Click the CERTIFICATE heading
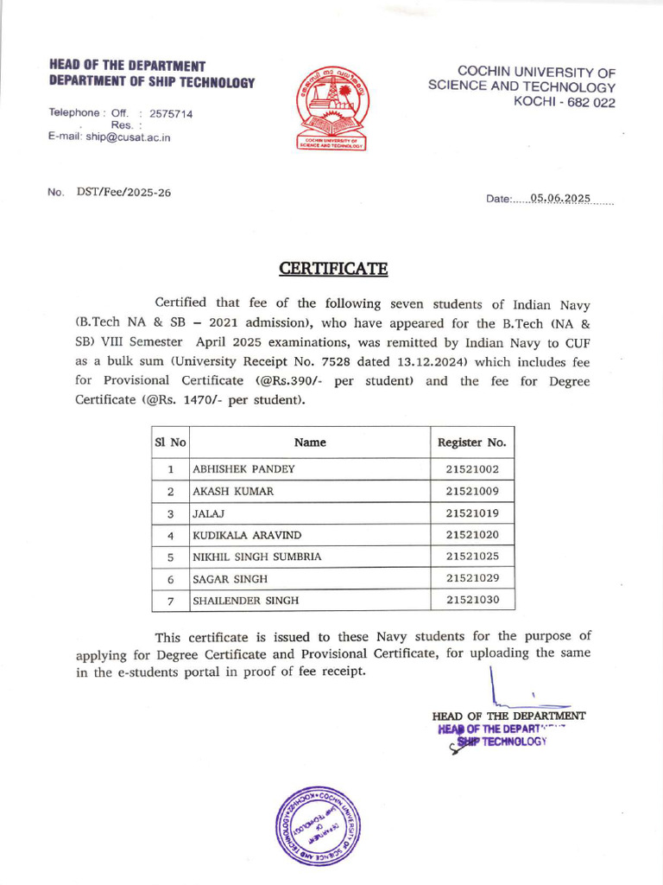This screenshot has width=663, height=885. (333, 269)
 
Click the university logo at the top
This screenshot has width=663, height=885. (332, 109)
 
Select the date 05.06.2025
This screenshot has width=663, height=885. (560, 198)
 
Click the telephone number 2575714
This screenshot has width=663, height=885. (171, 113)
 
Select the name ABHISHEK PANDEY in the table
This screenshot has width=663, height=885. (243, 469)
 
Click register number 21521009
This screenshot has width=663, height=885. (472, 491)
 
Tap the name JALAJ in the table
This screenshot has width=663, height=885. (208, 513)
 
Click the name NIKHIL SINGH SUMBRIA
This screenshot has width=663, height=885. (256, 557)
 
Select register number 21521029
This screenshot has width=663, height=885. (472, 578)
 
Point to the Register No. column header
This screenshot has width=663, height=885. (472, 442)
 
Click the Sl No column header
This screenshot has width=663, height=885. (170, 442)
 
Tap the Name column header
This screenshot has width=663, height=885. (310, 442)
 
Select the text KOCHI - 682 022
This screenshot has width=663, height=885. (565, 101)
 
